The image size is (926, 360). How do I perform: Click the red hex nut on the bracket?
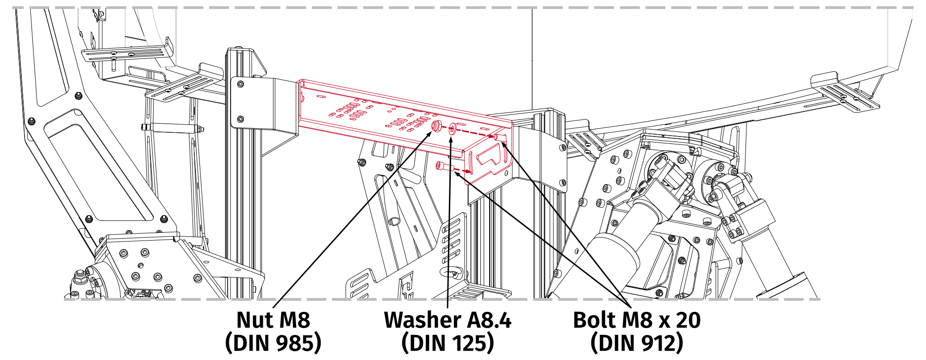coord(435,125)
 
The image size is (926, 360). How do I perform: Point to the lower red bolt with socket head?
coord(442,166)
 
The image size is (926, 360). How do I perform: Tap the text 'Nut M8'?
coord(273,320)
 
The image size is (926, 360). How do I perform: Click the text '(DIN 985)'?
coord(273,343)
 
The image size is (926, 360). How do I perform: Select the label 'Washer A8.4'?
coord(447,320)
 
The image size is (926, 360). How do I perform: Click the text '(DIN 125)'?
coord(447,343)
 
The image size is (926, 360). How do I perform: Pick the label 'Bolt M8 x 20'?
coord(637,320)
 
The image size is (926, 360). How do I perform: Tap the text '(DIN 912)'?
coord(637,343)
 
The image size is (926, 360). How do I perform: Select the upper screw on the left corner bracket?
coord(240,84)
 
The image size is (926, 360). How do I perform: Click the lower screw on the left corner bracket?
coord(240,119)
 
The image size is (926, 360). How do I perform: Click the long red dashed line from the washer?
coord(472,133)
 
